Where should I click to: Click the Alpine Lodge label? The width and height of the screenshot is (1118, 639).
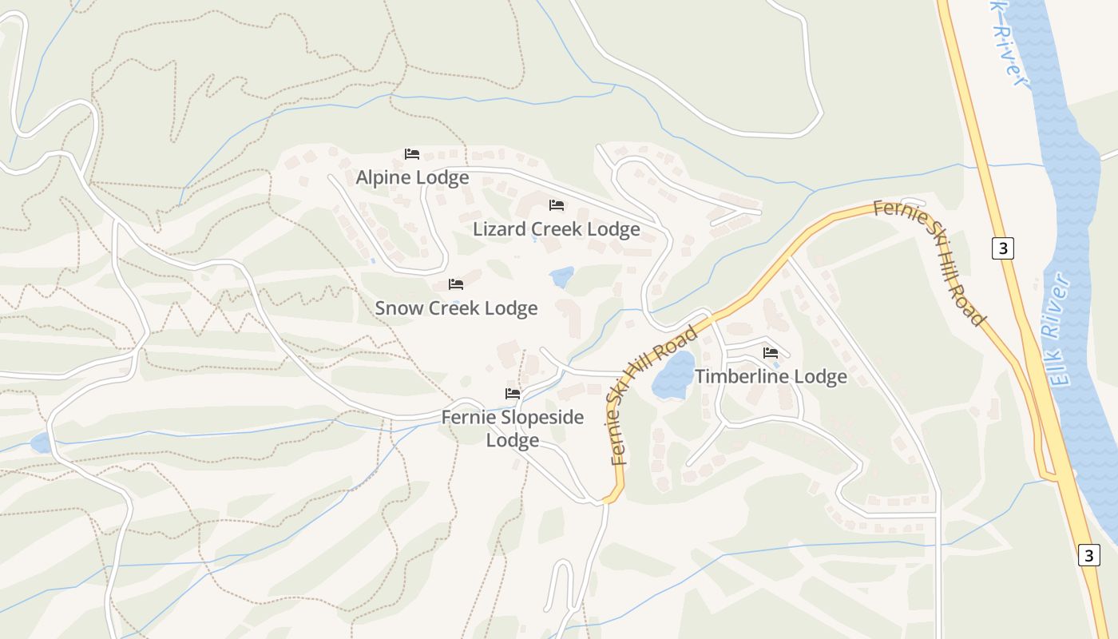click(x=412, y=177)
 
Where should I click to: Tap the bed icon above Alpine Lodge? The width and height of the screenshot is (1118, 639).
click(x=412, y=154)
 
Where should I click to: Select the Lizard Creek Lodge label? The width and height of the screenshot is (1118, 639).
click(x=556, y=229)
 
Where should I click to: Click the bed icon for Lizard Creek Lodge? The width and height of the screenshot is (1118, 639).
click(x=557, y=206)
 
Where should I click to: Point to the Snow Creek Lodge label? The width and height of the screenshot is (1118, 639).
click(x=456, y=308)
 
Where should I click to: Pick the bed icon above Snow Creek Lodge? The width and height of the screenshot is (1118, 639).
click(x=456, y=284)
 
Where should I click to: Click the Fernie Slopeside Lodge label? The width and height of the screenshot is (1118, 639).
click(x=513, y=428)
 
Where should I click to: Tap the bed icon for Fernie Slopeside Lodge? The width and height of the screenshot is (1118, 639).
click(x=513, y=394)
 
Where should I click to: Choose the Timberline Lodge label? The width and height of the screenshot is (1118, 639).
click(x=771, y=376)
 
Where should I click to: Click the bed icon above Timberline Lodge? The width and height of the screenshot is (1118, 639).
click(x=771, y=352)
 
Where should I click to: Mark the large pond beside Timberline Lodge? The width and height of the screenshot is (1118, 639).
click(x=673, y=376)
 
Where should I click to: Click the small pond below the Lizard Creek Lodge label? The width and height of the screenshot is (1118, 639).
click(x=561, y=277)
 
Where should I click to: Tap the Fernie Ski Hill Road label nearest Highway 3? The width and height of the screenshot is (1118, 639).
click(x=930, y=262)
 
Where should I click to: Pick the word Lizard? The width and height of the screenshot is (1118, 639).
click(x=499, y=229)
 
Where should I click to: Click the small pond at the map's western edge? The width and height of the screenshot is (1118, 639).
click(x=40, y=443)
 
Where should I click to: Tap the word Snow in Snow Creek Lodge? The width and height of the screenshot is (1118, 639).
click(x=397, y=308)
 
